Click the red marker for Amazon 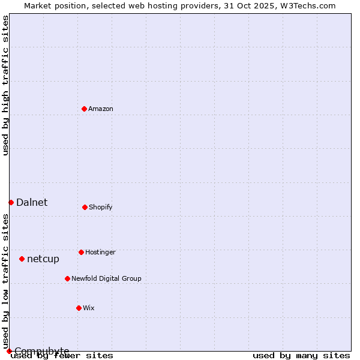click(84, 109)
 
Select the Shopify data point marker click(85, 207)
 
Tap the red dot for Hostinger click(81, 252)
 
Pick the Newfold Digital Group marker click(67, 278)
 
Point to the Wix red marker click(79, 308)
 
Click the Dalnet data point click(11, 202)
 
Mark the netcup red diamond click(22, 259)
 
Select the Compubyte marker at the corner click(9, 351)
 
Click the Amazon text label click(101, 109)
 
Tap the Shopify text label click(101, 207)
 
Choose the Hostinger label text click(100, 252)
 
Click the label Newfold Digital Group click(106, 278)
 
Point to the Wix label click(89, 308)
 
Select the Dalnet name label click(32, 202)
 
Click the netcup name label click(43, 259)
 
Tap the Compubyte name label click(42, 351)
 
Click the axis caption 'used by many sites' click(301, 355)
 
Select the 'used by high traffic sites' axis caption click(6, 85)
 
